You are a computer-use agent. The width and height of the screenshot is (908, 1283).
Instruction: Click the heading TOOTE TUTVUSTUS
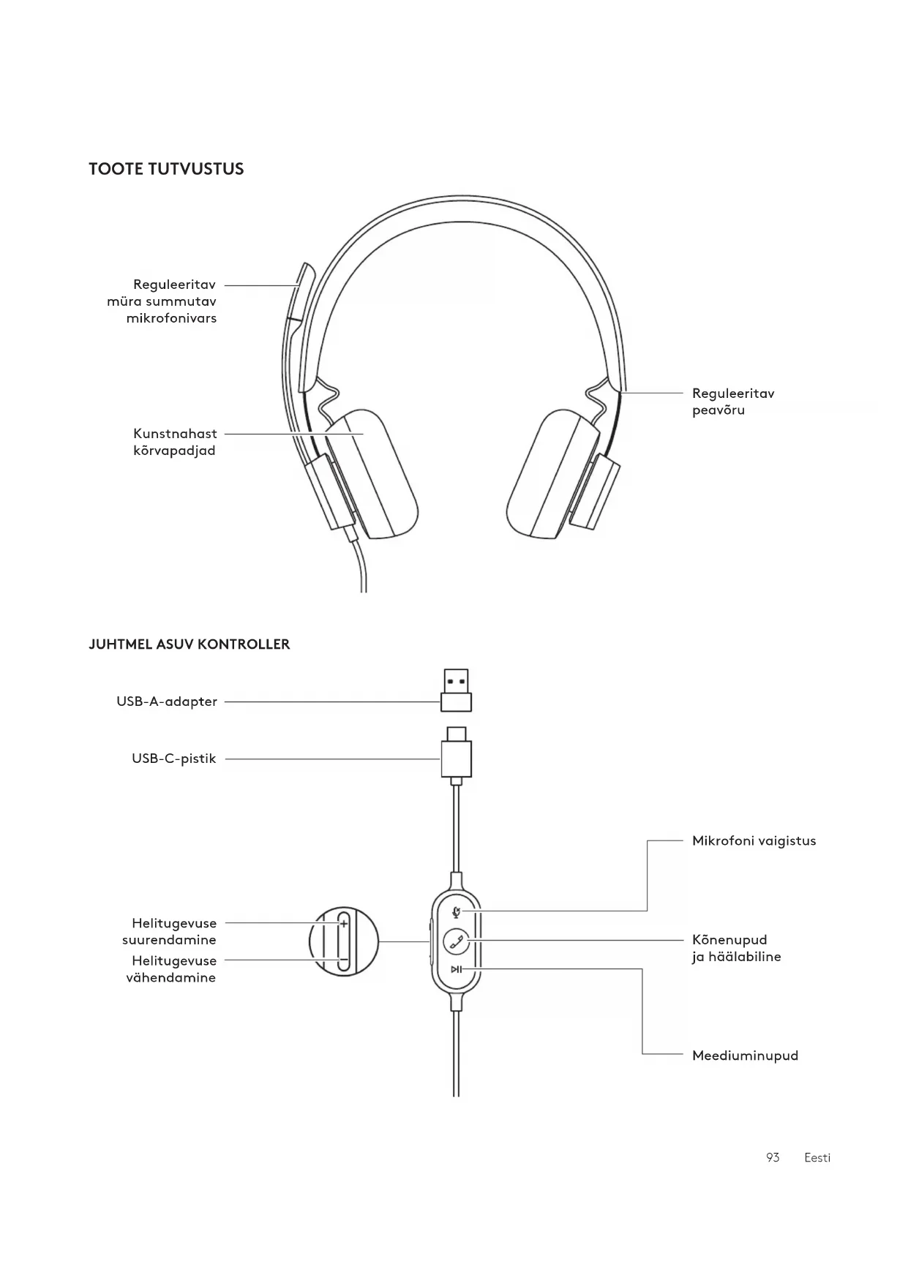coord(166,169)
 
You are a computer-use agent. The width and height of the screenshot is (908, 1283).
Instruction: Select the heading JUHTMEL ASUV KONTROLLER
coord(189,644)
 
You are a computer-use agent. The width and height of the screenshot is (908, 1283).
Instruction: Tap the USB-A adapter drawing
coord(456,690)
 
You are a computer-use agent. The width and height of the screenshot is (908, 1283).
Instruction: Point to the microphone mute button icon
coord(457,911)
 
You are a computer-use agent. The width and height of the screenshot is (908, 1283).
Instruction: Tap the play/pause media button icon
coord(457,969)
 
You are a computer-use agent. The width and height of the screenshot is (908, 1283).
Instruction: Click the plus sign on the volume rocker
coord(344,924)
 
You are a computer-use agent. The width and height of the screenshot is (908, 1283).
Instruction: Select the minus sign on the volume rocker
coord(343,960)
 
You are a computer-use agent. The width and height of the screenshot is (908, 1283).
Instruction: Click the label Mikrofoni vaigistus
coord(754,841)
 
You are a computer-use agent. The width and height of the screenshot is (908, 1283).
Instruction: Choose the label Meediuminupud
coord(745,1056)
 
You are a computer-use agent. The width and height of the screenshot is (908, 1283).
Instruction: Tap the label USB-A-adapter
coord(167,701)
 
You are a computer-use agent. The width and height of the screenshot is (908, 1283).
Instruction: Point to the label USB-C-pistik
coord(174,759)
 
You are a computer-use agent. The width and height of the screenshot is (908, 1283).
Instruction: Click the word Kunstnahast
coord(175,434)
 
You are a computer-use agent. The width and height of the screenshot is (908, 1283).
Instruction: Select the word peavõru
coord(718,410)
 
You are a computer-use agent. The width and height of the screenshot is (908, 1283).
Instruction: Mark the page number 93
coord(773,1158)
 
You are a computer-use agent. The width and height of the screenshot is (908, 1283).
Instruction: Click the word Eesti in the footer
coord(817,1158)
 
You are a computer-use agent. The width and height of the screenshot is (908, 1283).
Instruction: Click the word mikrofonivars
coord(171,318)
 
